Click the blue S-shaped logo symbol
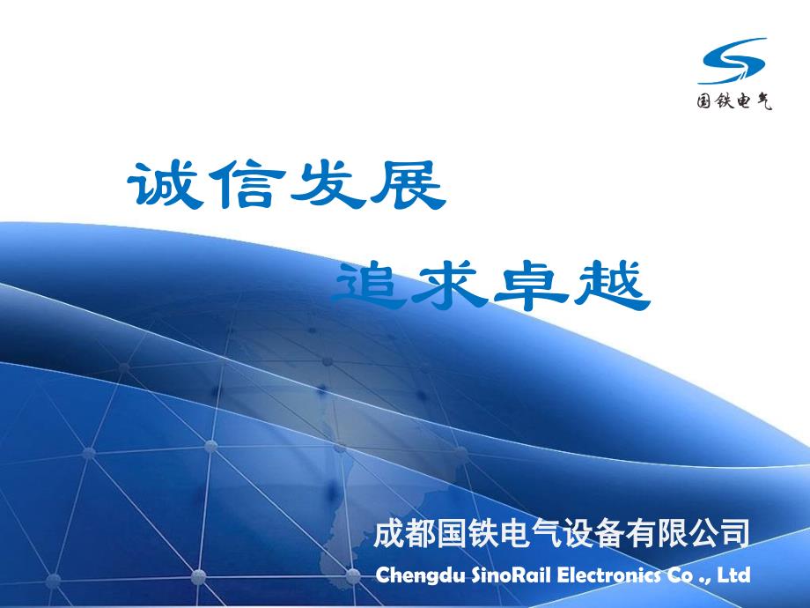tap(733, 61)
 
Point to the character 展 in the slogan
tap(408, 184)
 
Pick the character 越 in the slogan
tap(612, 285)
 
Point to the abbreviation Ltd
tap(733, 575)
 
